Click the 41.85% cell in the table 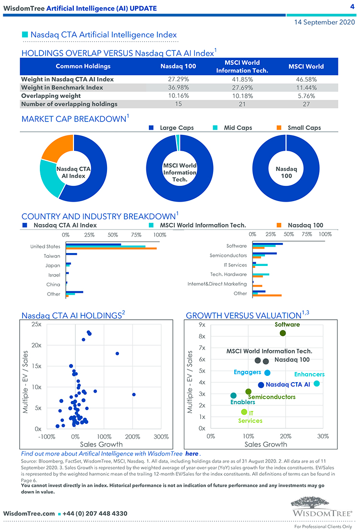click(242, 79)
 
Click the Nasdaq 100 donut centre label click(286, 172)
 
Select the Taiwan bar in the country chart click(72, 254)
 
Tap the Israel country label click(54, 275)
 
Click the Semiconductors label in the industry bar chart click(228, 255)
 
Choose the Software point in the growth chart click(283, 333)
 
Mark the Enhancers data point click(316, 384)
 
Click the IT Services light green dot click(244, 412)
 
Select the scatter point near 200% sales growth click(134, 395)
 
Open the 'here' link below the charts click(192, 454)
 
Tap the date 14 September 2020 click(324, 22)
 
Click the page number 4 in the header click(352, 7)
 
